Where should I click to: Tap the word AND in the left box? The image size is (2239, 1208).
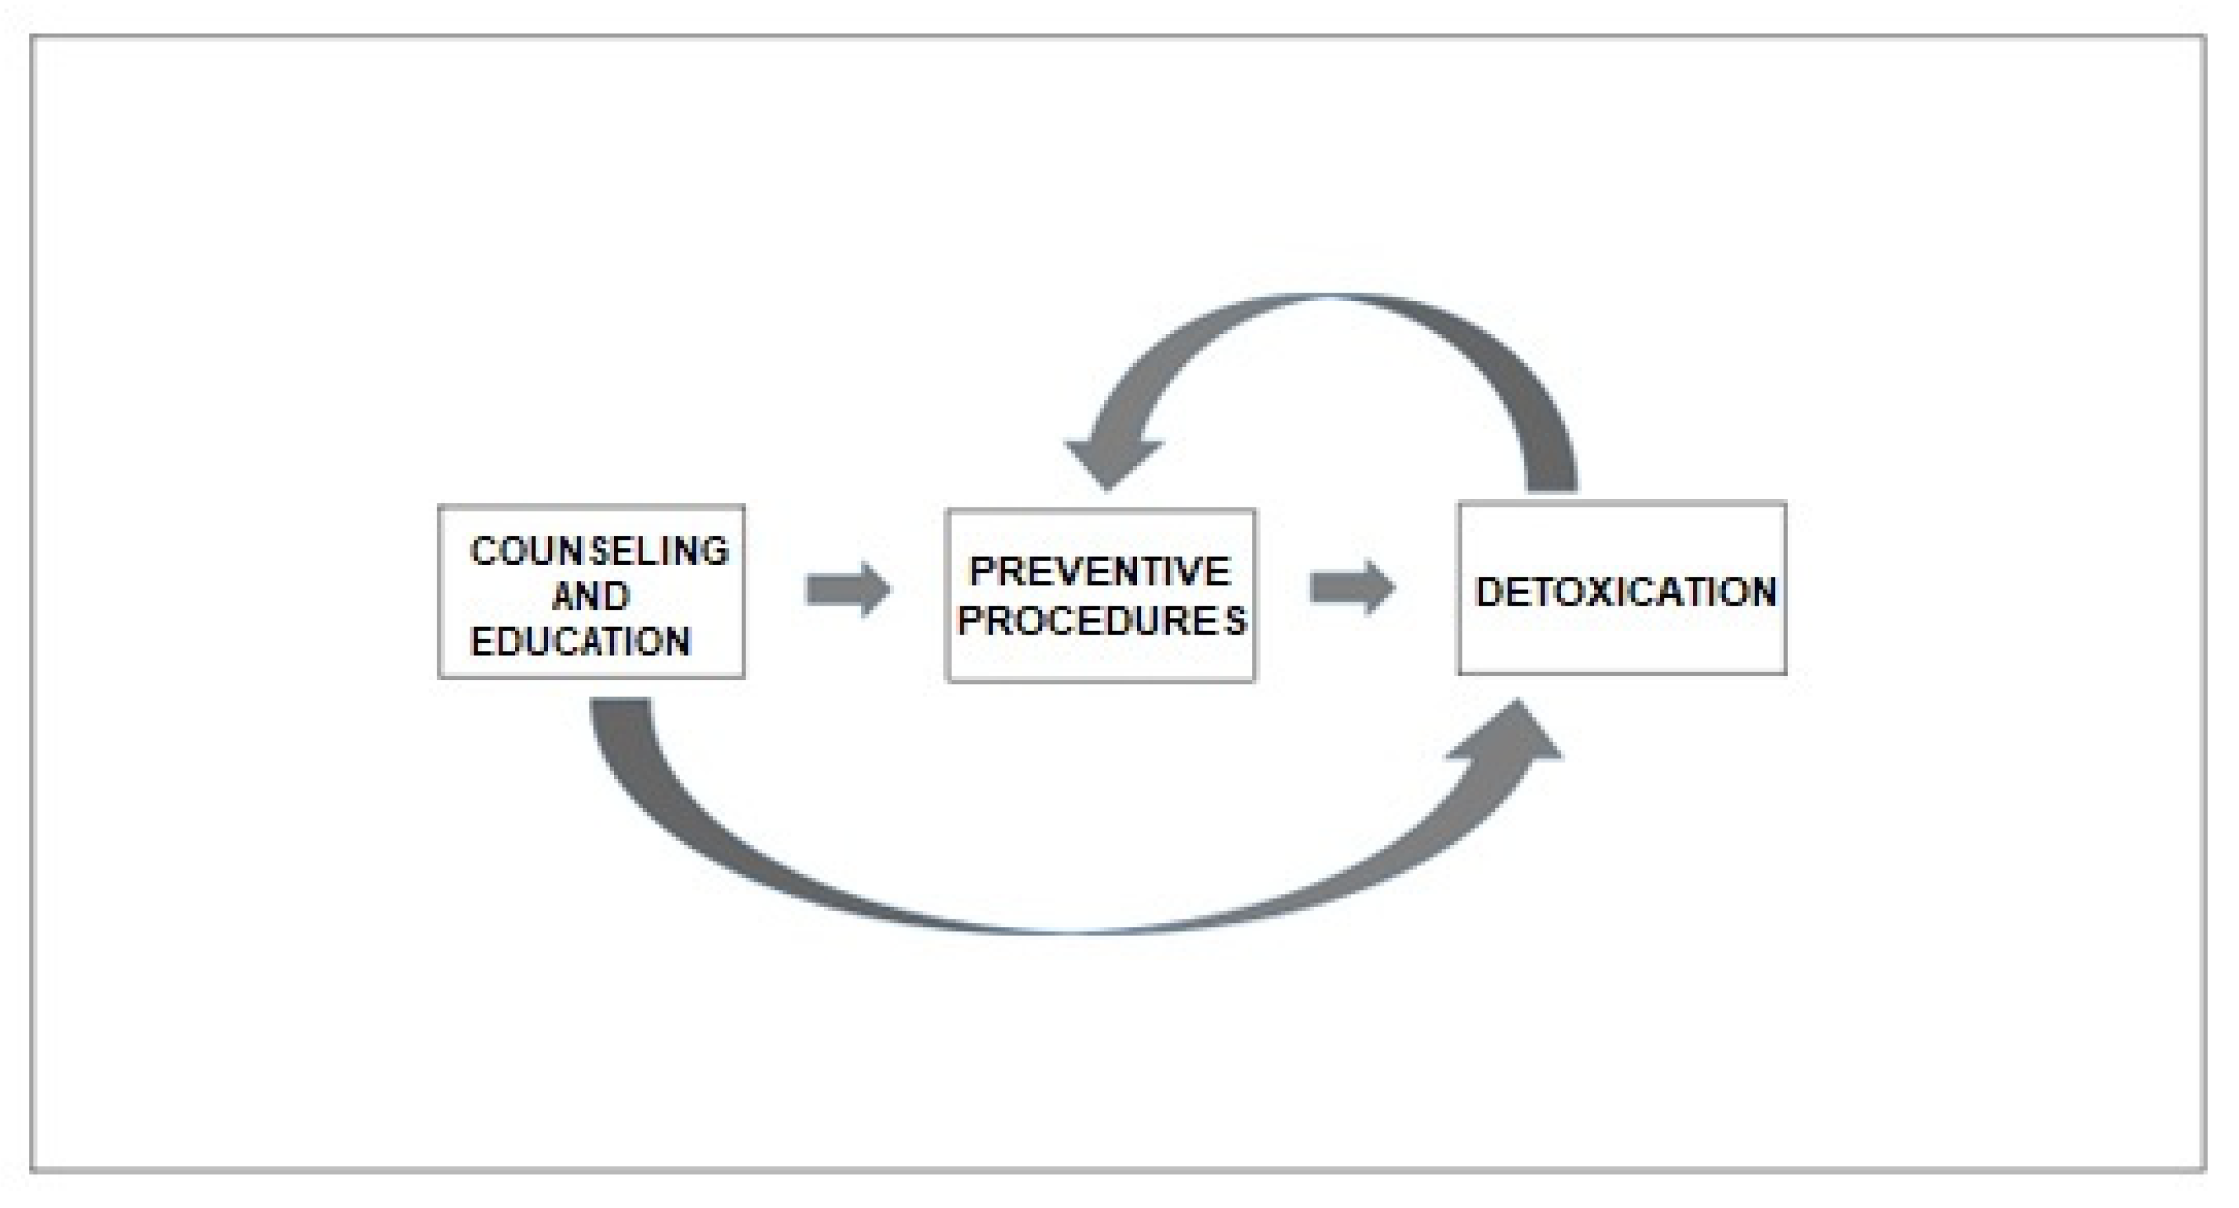tap(591, 596)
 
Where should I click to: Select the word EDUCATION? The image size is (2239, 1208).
tap(580, 642)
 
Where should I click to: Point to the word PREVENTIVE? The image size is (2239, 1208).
tap(1099, 572)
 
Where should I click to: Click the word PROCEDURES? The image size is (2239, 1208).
tap(1101, 621)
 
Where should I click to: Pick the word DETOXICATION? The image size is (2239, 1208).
tap(1625, 592)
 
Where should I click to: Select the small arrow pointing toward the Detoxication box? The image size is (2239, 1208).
tap(1352, 588)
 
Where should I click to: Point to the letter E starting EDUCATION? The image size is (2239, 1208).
tap(482, 642)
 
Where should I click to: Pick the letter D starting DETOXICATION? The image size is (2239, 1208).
tap(1488, 592)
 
